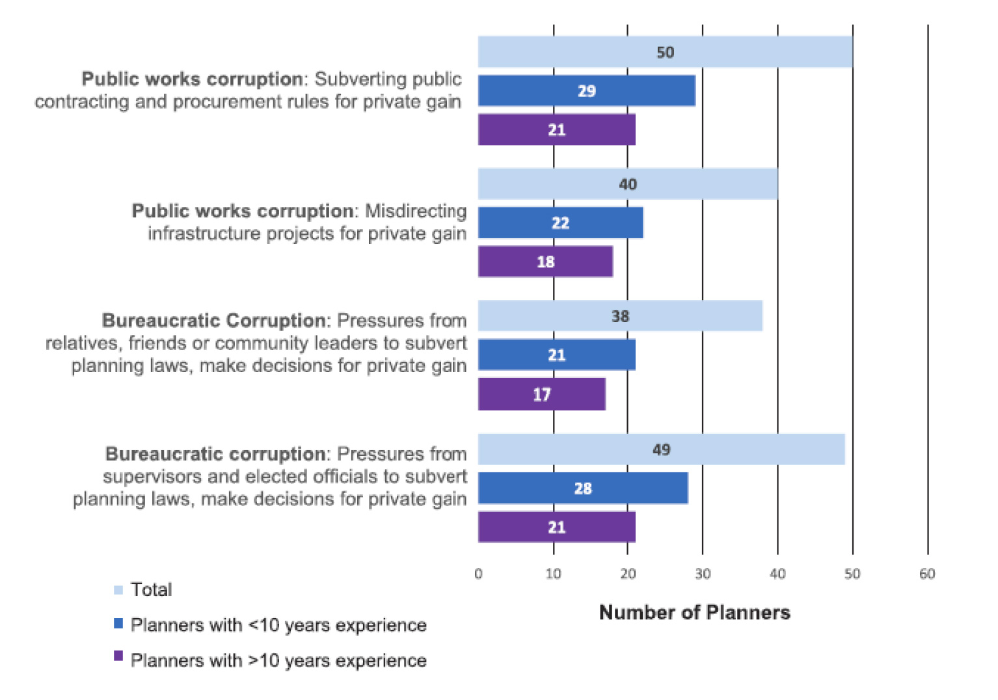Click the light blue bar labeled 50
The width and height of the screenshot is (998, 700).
pyautogui.click(x=665, y=52)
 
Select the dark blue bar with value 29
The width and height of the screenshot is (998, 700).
pyautogui.click(x=586, y=91)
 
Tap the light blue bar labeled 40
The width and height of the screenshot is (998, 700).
pyautogui.click(x=627, y=184)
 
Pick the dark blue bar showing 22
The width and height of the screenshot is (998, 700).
pyautogui.click(x=560, y=223)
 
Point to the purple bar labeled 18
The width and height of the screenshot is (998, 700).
pyautogui.click(x=545, y=262)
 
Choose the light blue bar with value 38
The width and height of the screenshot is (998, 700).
pyautogui.click(x=619, y=316)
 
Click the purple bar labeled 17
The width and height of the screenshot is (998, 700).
pyautogui.click(x=541, y=394)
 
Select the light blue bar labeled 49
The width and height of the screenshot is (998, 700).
pyautogui.click(x=661, y=450)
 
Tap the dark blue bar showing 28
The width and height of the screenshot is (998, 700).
pyautogui.click(x=582, y=489)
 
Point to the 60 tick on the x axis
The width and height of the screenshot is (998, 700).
pyautogui.click(x=927, y=574)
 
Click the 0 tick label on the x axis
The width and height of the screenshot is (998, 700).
pyautogui.click(x=478, y=574)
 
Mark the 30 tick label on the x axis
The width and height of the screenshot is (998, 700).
pyautogui.click(x=703, y=574)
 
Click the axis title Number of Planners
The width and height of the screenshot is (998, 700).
pyautogui.click(x=694, y=613)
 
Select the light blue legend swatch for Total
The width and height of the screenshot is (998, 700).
pyautogui.click(x=118, y=590)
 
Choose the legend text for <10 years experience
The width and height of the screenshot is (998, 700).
pyautogui.click(x=278, y=625)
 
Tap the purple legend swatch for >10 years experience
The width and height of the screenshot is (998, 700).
pyautogui.click(x=118, y=656)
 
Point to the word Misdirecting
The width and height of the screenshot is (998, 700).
pyautogui.click(x=416, y=211)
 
